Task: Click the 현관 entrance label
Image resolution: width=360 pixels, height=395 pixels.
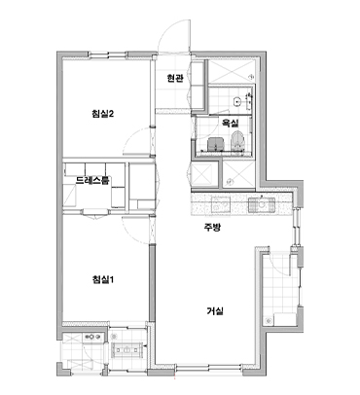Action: tap(175, 78)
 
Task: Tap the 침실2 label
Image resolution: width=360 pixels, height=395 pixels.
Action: tap(102, 114)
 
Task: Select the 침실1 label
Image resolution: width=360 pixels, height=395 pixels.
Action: tap(102, 279)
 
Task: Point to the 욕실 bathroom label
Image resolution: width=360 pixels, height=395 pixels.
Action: tap(230, 123)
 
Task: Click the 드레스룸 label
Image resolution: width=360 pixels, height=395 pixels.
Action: tap(92, 180)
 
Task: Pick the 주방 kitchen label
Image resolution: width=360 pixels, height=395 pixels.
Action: tap(212, 228)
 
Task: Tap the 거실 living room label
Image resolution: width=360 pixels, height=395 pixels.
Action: tap(215, 311)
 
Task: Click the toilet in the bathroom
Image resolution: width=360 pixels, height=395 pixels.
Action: tap(237, 141)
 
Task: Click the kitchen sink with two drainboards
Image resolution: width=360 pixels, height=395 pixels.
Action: tap(262, 204)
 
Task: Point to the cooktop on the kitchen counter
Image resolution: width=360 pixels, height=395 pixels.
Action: tap(220, 204)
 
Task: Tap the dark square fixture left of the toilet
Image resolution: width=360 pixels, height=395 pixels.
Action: tap(215, 144)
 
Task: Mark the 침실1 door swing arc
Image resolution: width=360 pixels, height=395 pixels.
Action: tap(129, 233)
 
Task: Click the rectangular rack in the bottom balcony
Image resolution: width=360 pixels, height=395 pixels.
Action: tap(127, 349)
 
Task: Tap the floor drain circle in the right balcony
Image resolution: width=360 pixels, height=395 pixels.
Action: tap(269, 321)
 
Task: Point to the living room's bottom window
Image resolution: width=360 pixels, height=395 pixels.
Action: tap(209, 368)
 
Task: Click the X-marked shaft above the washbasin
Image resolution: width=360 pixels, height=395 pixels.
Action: tap(230, 72)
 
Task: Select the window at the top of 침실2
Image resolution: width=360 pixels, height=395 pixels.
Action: tap(108, 55)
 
